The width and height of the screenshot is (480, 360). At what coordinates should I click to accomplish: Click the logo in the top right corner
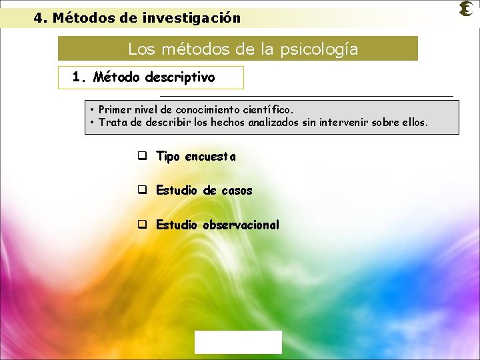click(467, 9)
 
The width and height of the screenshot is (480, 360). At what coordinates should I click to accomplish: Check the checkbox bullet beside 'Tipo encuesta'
click(142, 157)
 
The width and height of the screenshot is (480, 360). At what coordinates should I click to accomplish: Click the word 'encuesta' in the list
click(211, 157)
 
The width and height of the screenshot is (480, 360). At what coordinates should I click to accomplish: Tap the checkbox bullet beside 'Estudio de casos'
click(142, 191)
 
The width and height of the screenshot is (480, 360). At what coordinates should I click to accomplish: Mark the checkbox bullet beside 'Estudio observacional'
click(142, 225)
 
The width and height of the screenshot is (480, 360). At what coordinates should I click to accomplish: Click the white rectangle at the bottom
click(238, 342)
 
